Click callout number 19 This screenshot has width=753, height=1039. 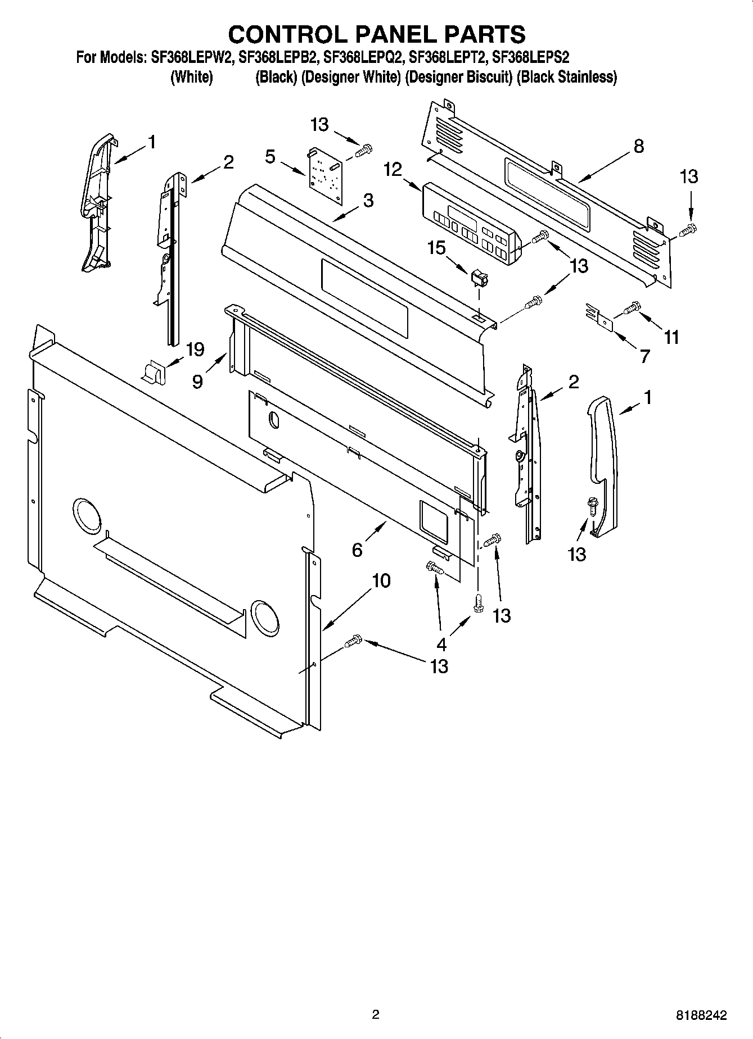coord(195,350)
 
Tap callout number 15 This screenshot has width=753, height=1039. coord(436,248)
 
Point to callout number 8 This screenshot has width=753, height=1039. coord(638,147)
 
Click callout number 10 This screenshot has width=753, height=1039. coord(381,580)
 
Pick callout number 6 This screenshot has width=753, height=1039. coord(357,550)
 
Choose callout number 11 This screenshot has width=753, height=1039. coord(671,337)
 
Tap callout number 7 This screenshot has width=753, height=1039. coord(644,356)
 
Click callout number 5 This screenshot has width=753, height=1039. coord(270,157)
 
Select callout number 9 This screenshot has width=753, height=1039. coord(197,382)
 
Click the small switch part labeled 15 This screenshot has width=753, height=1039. coord(479,278)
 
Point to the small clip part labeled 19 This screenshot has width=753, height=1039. coord(152,372)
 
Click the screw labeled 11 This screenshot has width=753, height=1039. coord(633,307)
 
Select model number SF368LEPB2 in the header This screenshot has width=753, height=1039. coord(279,57)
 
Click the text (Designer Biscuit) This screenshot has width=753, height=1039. coord(458,77)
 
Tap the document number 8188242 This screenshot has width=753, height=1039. coord(701,1015)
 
